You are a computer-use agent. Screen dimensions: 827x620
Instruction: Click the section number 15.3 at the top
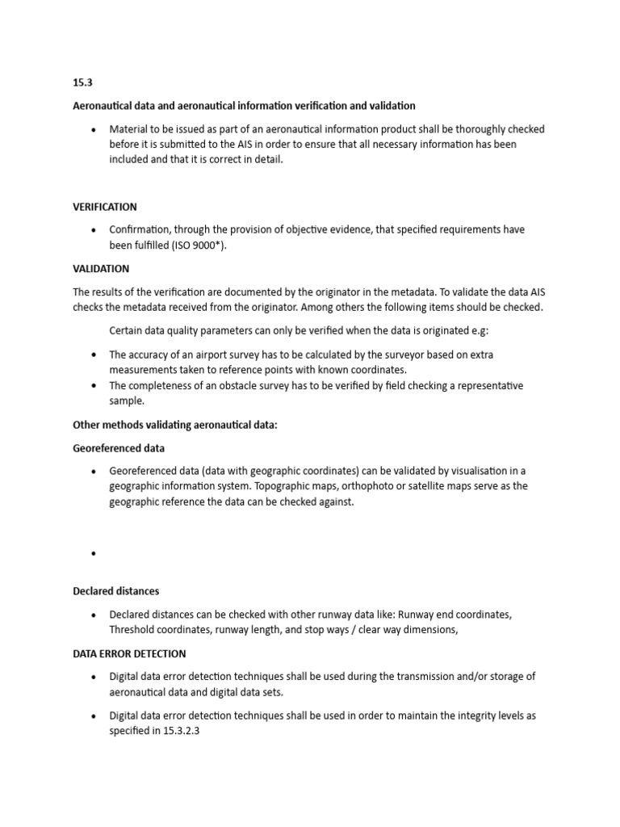82,83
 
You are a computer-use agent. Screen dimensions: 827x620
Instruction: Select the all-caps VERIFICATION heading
105,207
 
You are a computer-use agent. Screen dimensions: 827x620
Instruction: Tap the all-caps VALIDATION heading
101,268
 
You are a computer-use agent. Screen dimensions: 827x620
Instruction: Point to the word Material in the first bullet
130,129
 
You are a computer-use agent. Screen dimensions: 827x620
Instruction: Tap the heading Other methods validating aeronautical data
175,425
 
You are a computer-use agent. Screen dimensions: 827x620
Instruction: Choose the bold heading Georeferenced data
119,447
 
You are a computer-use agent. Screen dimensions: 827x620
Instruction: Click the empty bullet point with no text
94,554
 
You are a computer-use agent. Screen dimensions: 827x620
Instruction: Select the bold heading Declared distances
115,591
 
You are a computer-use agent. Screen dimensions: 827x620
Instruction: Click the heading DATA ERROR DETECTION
129,653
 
